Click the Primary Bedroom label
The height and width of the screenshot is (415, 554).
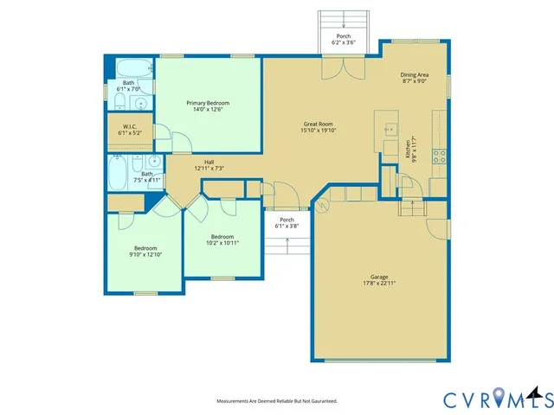click(x=208, y=103)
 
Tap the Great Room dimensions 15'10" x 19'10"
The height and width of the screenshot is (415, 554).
click(x=319, y=131)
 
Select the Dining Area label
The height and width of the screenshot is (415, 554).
click(x=415, y=75)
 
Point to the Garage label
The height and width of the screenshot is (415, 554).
click(x=378, y=278)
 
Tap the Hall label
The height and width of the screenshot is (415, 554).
click(x=209, y=162)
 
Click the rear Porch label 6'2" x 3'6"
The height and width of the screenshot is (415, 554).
click(x=344, y=36)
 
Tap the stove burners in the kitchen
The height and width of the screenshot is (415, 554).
click(x=439, y=156)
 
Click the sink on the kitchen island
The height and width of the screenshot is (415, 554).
click(x=386, y=130)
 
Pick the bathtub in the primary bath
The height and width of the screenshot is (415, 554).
click(x=135, y=68)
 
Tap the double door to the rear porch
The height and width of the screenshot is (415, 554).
click(x=333, y=69)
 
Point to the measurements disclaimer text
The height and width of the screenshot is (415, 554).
click(x=276, y=401)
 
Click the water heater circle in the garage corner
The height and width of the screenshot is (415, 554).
click(x=322, y=206)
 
